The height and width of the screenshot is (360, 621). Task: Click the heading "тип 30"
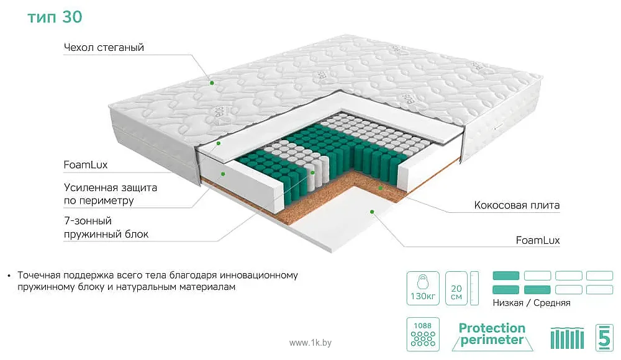[55, 17]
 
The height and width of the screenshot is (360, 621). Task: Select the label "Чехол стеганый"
[104, 48]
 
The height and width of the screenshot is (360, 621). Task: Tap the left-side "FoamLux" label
[86, 164]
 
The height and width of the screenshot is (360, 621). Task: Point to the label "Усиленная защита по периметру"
[111, 194]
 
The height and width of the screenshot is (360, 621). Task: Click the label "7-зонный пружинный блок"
[106, 227]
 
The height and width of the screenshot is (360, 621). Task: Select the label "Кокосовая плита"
[517, 205]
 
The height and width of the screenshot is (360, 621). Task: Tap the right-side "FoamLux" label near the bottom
[538, 240]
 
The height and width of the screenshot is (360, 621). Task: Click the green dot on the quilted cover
[212, 83]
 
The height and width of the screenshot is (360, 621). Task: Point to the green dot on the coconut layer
[380, 187]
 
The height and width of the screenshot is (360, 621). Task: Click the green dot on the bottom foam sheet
[372, 212]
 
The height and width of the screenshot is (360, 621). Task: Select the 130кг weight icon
[423, 288]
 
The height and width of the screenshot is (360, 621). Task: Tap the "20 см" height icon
[456, 288]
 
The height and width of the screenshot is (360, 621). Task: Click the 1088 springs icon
[423, 335]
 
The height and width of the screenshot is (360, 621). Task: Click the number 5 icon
[604, 338]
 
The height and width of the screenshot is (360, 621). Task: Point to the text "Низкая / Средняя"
[532, 303]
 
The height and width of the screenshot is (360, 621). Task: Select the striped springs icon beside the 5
[567, 338]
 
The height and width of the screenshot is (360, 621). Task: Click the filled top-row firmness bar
[505, 276]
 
